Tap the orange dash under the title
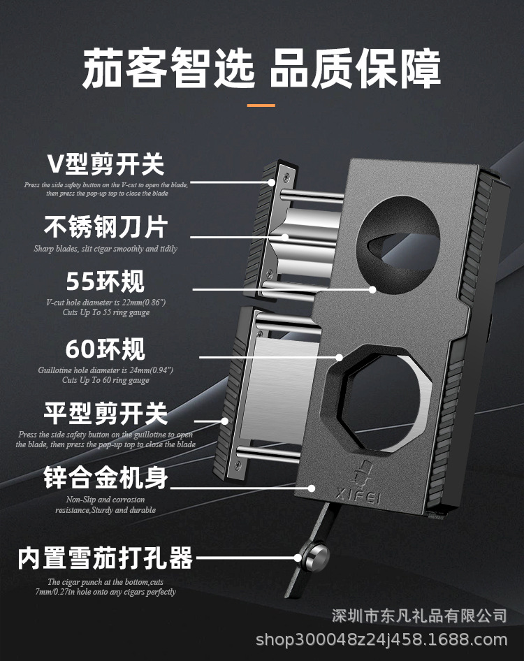[261, 106]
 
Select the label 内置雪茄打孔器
[105, 558]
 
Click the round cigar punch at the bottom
[313, 558]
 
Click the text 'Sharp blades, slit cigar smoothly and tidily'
[105, 249]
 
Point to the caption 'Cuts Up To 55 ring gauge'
[105, 312]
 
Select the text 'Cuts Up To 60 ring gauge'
[105, 381]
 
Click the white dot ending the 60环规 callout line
[340, 357]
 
